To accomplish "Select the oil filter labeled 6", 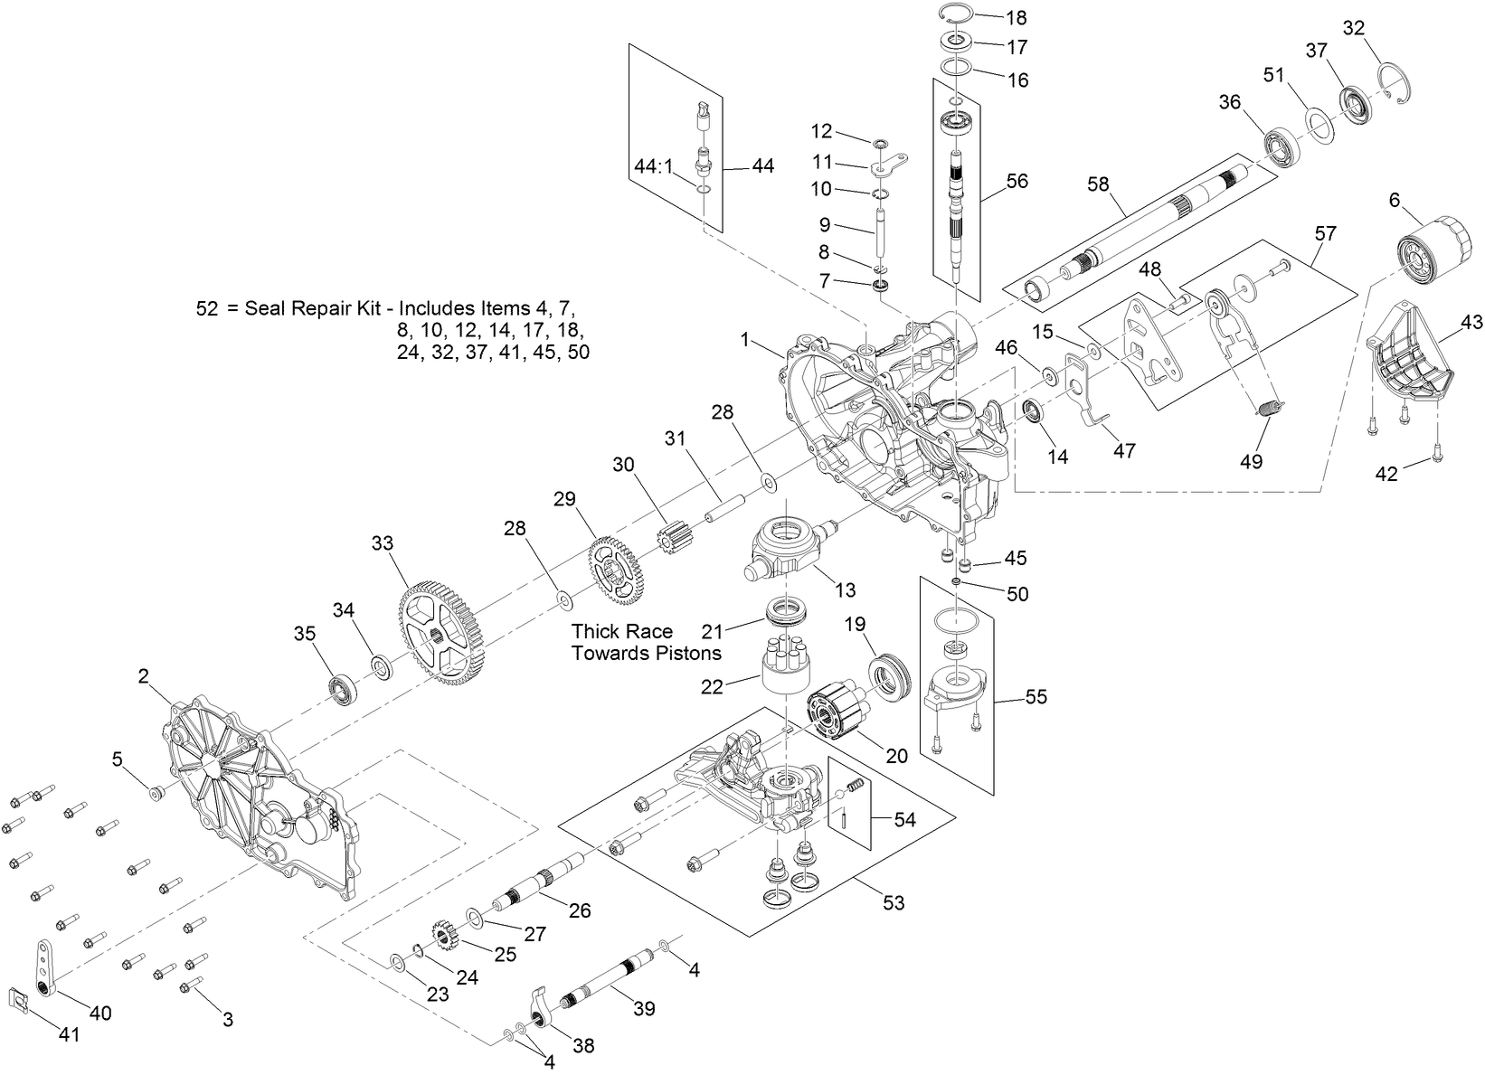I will [1423, 249].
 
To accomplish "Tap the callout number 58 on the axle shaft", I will [1098, 184].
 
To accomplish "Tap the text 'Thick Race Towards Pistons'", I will [646, 641].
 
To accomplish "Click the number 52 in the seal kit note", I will [206, 308].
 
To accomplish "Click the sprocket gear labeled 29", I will [617, 571].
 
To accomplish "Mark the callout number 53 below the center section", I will [893, 902].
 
